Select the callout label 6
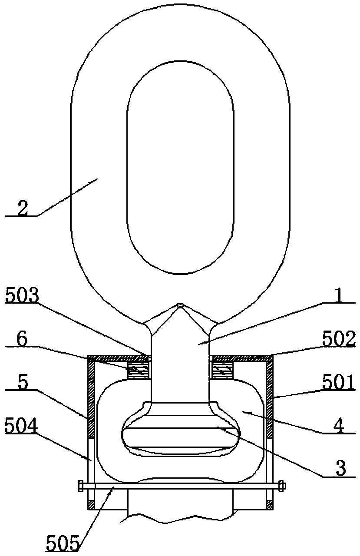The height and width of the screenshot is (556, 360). click(22, 340)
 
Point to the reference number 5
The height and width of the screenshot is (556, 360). click(23, 383)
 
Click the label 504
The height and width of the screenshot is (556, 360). click(22, 425)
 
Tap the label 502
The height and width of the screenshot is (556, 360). click(339, 339)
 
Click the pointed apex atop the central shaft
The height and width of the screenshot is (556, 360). click(181, 304)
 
